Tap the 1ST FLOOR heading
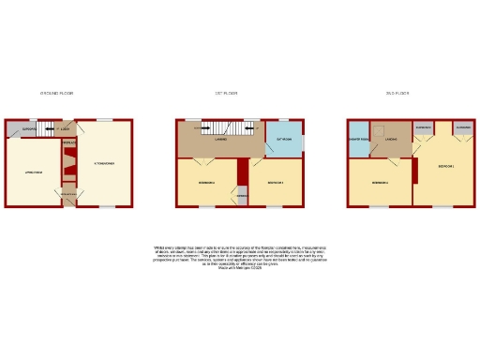point(226,93)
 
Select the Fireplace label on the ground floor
point(68,144)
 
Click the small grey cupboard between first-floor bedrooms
point(242,196)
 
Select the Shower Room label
point(357,139)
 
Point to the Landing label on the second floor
point(392,140)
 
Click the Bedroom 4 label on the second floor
point(379,182)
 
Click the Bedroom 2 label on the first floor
point(207,182)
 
